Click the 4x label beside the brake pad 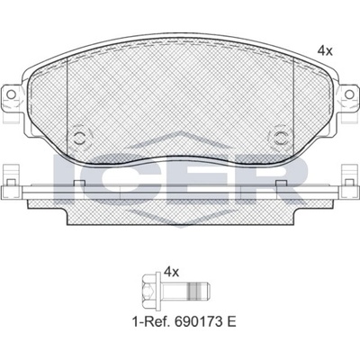coord(325,51)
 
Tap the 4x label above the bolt coord(172,273)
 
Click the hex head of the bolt coord(148,291)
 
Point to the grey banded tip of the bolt coord(199,291)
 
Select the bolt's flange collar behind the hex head coord(157,291)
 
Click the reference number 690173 coord(196,322)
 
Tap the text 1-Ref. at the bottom coord(151,322)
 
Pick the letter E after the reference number coord(231,322)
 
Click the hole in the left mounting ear coord(11,94)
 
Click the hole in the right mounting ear coord(349,94)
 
